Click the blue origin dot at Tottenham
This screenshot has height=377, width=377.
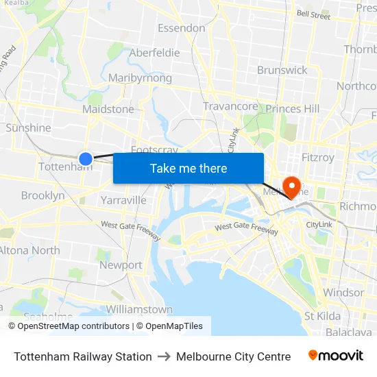pyautogui.click(x=86, y=159)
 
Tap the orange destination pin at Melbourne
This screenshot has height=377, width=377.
pyautogui.click(x=292, y=186)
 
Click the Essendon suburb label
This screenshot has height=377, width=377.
pyautogui.click(x=182, y=28)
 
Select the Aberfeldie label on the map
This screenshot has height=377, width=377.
pyautogui.click(x=154, y=53)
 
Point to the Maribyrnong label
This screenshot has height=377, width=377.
pyautogui.click(x=140, y=77)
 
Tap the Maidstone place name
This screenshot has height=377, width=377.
pyautogui.click(x=108, y=109)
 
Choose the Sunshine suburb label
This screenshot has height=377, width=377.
pyautogui.click(x=28, y=127)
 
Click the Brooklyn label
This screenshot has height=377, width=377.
pyautogui.click(x=42, y=195)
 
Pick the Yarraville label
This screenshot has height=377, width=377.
pyautogui.click(x=123, y=200)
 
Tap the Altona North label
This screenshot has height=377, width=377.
pyautogui.click(x=29, y=250)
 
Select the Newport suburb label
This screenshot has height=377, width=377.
pyautogui.click(x=121, y=265)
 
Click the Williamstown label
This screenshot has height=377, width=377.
pyautogui.click(x=139, y=309)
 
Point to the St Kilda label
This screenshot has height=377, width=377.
pyautogui.click(x=322, y=316)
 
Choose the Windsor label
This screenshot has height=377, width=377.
pyautogui.click(x=343, y=293)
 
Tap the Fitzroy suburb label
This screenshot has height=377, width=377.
pyautogui.click(x=318, y=158)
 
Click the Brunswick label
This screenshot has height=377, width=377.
pyautogui.click(x=282, y=70)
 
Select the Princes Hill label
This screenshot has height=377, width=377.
pyautogui.click(x=293, y=108)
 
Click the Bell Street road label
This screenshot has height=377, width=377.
pyautogui.click(x=313, y=14)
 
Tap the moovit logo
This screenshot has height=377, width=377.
pyautogui.click(x=335, y=356)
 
